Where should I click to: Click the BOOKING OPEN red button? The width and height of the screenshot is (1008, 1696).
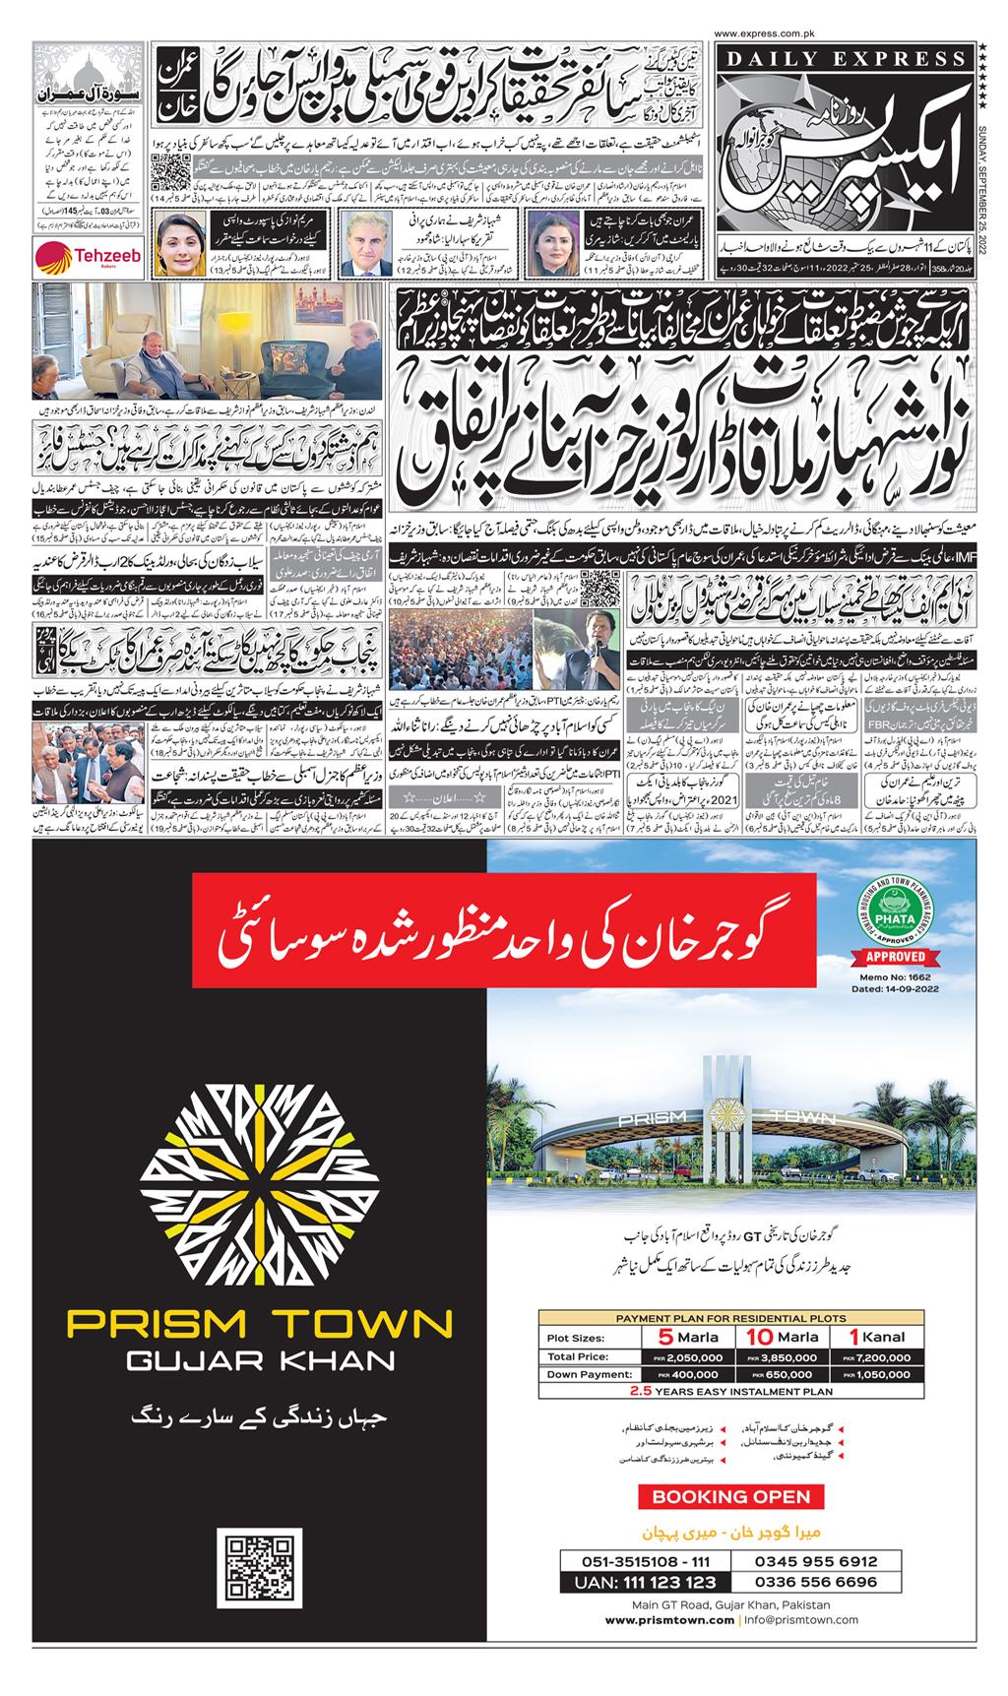coord(730,1497)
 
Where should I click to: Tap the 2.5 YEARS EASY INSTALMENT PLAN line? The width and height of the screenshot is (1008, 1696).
coord(730,1391)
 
